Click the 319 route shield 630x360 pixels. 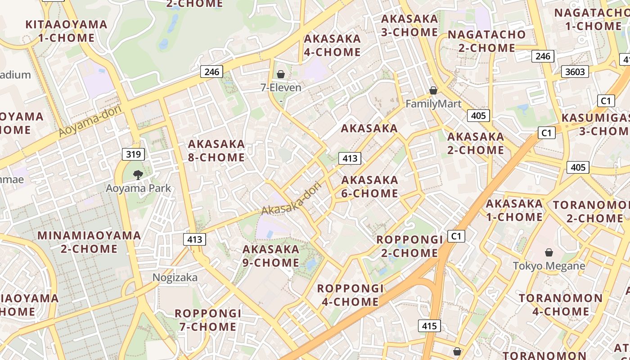(x=133, y=154)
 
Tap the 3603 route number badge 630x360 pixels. (x=575, y=72)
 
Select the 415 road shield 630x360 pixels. (x=429, y=326)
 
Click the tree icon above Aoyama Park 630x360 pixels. (x=138, y=175)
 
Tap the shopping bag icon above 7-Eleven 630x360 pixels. (x=281, y=74)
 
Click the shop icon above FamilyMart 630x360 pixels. (x=433, y=91)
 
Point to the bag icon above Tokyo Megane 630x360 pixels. (x=549, y=252)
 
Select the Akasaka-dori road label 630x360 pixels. (x=292, y=198)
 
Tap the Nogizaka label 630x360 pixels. (x=175, y=278)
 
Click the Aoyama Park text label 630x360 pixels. (x=138, y=188)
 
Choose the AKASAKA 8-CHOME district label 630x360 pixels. (x=216, y=151)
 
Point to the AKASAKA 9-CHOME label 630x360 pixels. (x=271, y=256)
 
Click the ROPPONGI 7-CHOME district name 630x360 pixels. (x=208, y=320)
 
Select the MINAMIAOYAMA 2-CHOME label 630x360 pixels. (x=89, y=242)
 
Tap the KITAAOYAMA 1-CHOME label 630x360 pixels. (x=67, y=31)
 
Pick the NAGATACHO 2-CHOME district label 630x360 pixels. (x=486, y=41)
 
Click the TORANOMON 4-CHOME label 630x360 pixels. (x=561, y=305)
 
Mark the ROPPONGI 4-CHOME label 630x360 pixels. (x=351, y=295)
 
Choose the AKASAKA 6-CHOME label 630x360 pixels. (x=370, y=187)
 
